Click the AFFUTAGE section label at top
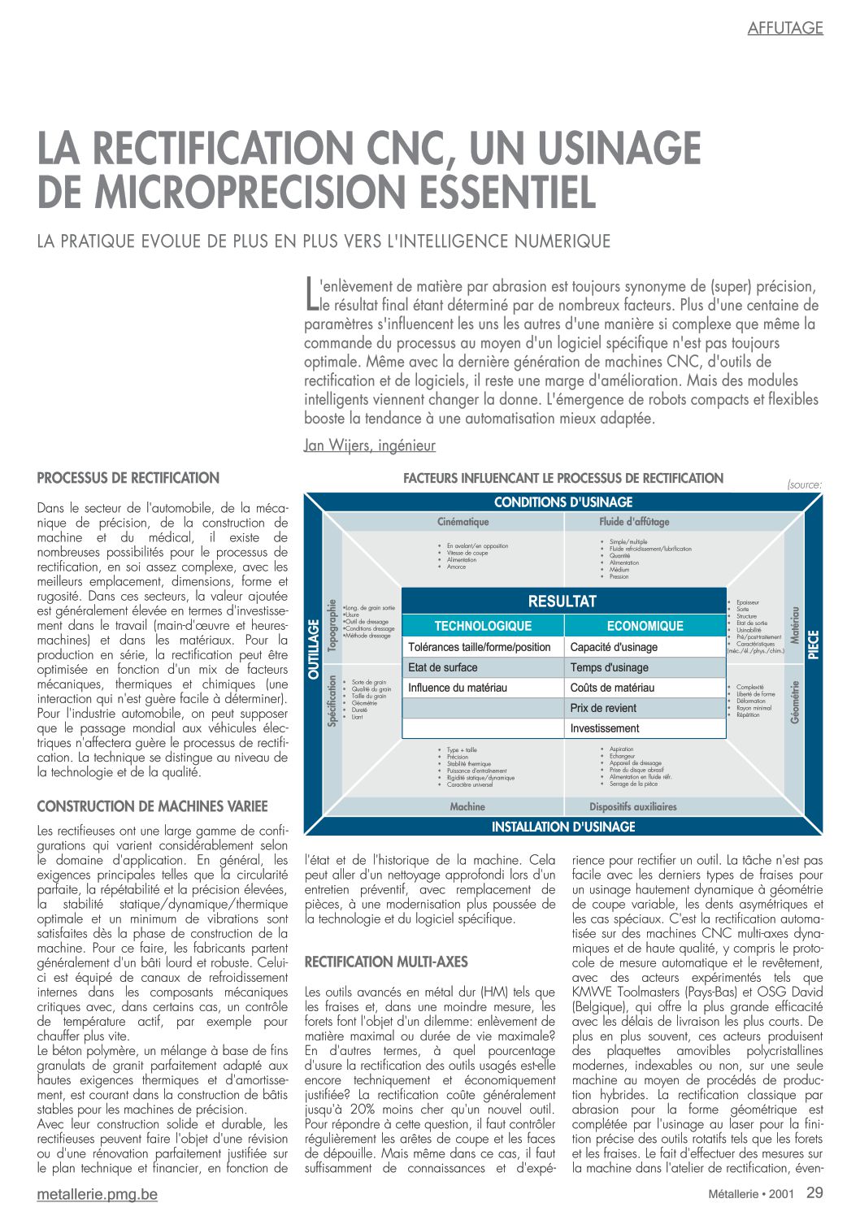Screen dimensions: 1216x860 pyautogui.click(x=784, y=28)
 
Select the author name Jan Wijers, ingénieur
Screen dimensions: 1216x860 pyautogui.click(x=369, y=445)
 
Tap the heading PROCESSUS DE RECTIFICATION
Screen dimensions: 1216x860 pyautogui.click(x=128, y=478)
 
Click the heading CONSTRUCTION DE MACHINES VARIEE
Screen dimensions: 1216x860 pyautogui.click(x=152, y=806)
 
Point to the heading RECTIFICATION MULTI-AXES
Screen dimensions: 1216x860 pyautogui.click(x=386, y=962)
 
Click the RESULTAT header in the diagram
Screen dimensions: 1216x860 pyautogui.click(x=562, y=601)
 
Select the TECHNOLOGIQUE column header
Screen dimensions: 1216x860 pyautogui.click(x=483, y=626)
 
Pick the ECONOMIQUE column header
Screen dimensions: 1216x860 pyautogui.click(x=645, y=626)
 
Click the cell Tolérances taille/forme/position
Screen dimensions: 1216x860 pyautogui.click(x=480, y=647)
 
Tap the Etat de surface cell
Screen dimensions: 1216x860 pyautogui.click(x=443, y=667)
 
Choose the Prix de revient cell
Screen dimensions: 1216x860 pyautogui.click(x=603, y=708)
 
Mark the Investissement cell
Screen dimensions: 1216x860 pyautogui.click(x=605, y=728)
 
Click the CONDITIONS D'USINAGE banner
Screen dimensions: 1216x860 pyautogui.click(x=562, y=502)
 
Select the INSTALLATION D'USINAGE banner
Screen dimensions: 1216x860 pyautogui.click(x=562, y=827)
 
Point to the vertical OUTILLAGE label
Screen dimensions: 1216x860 pyautogui.click(x=314, y=650)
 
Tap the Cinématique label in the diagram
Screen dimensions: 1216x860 pyautogui.click(x=463, y=522)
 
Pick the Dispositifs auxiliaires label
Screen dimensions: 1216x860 pyautogui.click(x=632, y=807)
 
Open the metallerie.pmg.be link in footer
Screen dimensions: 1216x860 pyautogui.click(x=98, y=1194)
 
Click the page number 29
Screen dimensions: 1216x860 pyautogui.click(x=814, y=1193)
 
